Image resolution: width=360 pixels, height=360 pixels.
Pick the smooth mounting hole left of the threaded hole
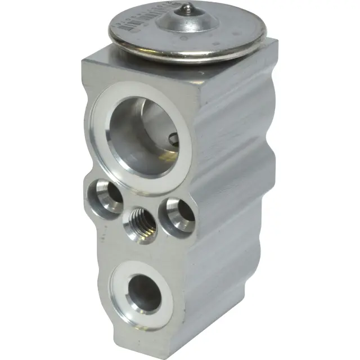pos(105,195)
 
